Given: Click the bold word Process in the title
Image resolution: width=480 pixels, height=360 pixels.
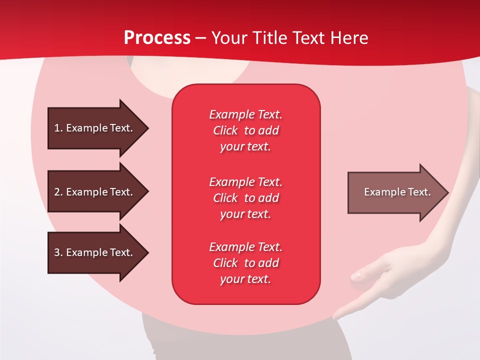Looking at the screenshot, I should [x=157, y=38].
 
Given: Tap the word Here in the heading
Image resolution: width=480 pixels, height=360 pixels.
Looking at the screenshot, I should [x=350, y=38].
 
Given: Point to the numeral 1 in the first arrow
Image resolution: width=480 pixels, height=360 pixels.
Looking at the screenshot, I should [x=57, y=128].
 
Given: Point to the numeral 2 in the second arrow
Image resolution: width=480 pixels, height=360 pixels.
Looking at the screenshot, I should [x=57, y=192].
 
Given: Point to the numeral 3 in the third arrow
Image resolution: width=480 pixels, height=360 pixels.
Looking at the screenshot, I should [x=57, y=252].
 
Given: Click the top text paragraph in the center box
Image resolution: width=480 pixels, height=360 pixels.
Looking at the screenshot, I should [x=245, y=130].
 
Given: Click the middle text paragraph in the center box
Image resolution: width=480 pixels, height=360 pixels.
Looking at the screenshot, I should [x=245, y=197].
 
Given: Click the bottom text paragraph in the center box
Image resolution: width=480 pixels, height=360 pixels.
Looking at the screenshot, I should [x=245, y=263].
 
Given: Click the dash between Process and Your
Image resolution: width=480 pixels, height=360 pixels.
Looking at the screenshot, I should [x=201, y=38].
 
